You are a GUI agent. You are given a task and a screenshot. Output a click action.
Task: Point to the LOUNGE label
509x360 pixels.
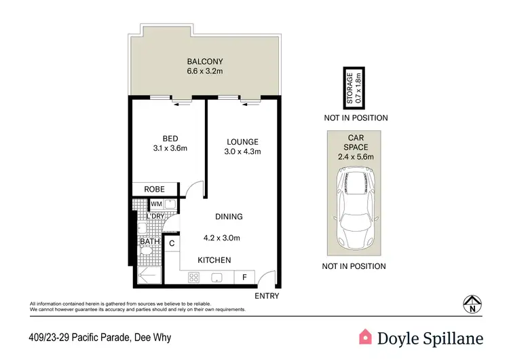pyautogui.click(x=242, y=141)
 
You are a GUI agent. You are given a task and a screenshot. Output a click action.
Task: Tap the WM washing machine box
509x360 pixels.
pyautogui.click(x=156, y=204)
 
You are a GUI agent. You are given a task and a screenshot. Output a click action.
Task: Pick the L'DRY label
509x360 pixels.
pyautogui.click(x=156, y=216)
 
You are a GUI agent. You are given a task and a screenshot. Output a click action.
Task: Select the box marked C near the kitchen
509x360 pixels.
pyautogui.click(x=172, y=242)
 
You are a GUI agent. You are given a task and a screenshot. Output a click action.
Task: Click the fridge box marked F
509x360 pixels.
pyautogui.click(x=244, y=277)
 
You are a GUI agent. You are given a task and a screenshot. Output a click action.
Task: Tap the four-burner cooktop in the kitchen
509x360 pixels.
pyautogui.click(x=193, y=277)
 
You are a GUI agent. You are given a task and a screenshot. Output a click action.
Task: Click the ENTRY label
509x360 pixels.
pyautogui.click(x=266, y=296)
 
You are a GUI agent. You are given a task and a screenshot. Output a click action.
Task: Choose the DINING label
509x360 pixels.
pyautogui.click(x=229, y=217)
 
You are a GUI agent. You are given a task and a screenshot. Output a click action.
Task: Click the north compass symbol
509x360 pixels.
pyautogui.click(x=472, y=304)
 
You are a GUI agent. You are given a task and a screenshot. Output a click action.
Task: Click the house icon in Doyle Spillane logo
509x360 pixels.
pyautogui.click(x=366, y=336)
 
